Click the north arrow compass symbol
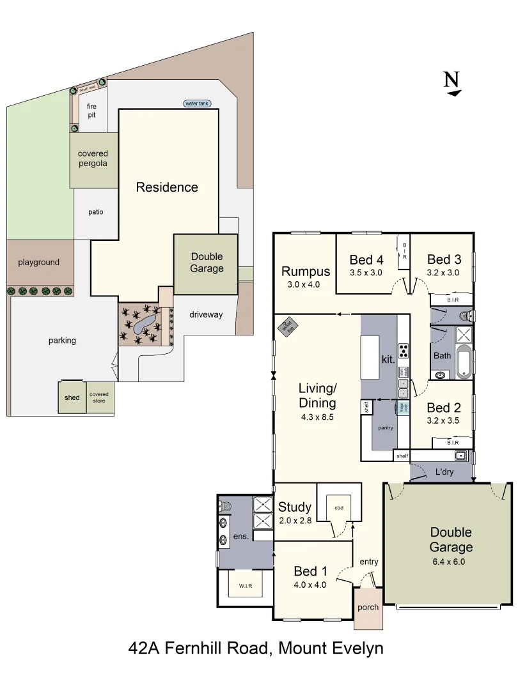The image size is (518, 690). tap(452, 84)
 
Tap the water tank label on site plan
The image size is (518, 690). tap(197, 103)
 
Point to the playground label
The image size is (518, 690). tap(38, 262)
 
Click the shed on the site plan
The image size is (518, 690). tap(72, 397)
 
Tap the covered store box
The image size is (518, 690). tap(99, 397)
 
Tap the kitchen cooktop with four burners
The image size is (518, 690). tap(404, 350)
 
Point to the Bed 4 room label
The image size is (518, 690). tap(366, 260)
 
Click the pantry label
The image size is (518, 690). tap(385, 427)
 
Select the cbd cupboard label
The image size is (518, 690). tap(339, 508)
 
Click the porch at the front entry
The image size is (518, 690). tap(368, 607)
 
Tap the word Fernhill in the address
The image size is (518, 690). tap(197, 649)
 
